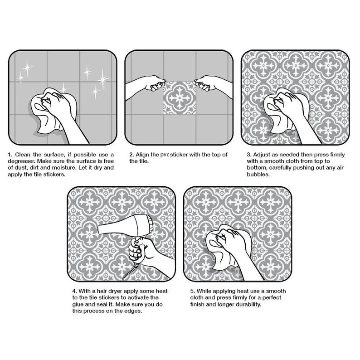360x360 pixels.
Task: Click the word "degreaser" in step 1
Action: pos(22,161)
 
